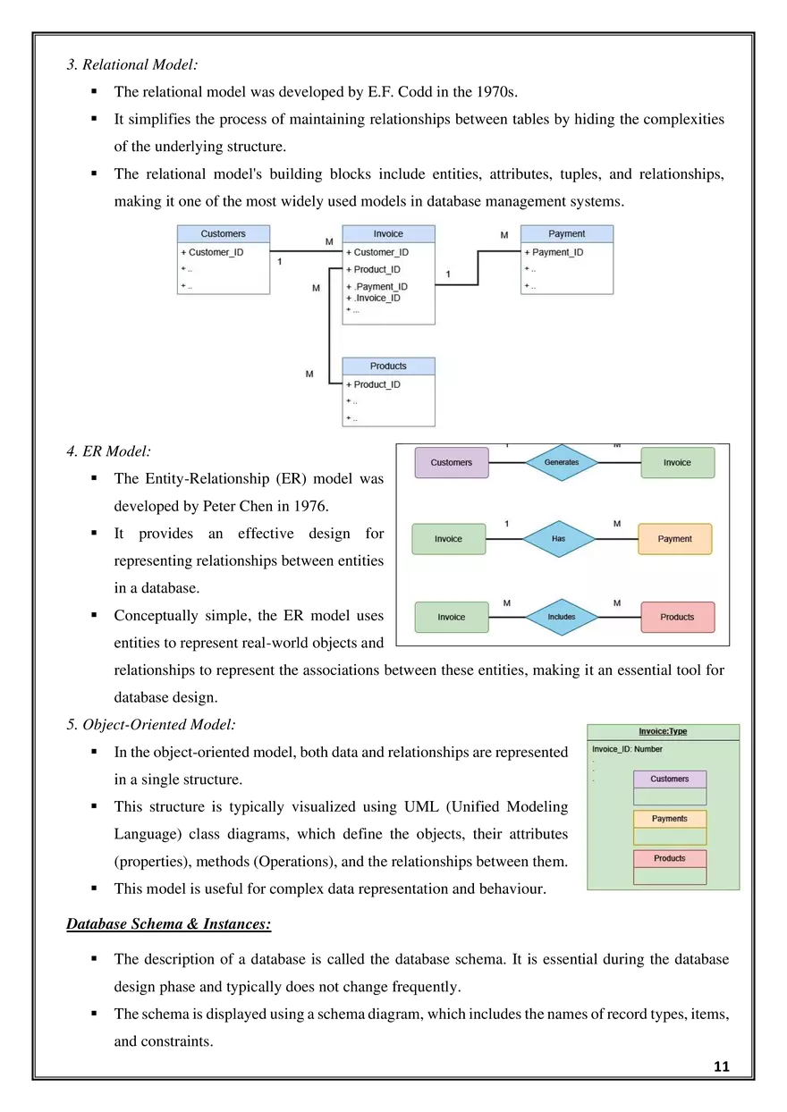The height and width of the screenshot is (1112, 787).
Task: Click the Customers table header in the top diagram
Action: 223,234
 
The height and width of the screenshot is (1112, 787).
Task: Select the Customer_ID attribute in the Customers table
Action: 216,252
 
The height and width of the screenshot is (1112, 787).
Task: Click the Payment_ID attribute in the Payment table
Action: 557,252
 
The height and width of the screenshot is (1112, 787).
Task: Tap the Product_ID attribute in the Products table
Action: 377,384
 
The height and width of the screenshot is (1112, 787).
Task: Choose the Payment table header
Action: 567,234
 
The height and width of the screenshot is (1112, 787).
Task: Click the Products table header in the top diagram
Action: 388,366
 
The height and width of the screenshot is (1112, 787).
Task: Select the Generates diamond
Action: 562,462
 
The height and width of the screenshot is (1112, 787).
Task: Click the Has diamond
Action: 559,539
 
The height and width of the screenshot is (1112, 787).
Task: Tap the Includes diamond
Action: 561,617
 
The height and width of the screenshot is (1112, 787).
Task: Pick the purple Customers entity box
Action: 452,462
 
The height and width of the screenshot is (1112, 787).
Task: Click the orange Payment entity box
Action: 675,539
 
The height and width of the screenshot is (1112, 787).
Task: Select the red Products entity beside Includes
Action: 677,617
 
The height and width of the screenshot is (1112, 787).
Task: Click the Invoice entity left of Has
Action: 449,539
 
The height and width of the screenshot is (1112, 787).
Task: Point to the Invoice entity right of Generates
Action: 677,462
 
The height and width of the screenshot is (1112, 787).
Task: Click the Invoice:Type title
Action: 663,731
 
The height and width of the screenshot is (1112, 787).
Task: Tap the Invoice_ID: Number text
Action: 627,749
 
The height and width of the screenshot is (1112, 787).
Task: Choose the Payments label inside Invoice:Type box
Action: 670,819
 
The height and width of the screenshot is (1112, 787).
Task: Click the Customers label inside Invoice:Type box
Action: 670,779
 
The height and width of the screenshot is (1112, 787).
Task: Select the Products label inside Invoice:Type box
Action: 670,858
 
